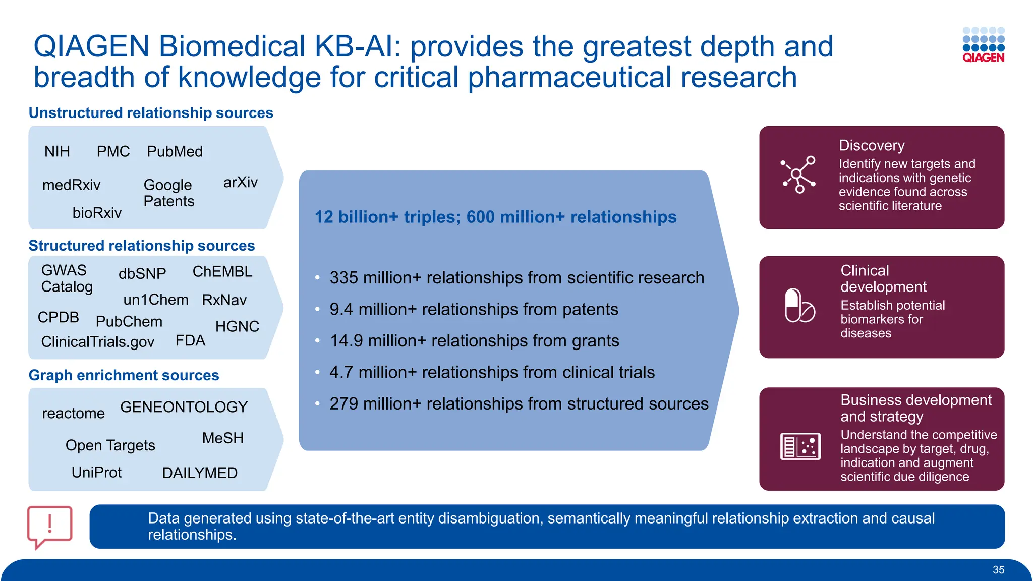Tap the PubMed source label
click(x=175, y=151)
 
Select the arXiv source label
click(x=240, y=182)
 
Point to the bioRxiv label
click(x=97, y=213)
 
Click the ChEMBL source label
click(x=222, y=272)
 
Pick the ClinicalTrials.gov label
click(x=97, y=342)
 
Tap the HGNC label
click(x=237, y=326)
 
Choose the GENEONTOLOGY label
click(x=184, y=407)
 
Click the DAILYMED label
click(x=200, y=473)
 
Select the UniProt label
click(x=96, y=472)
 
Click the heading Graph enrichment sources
click(x=124, y=375)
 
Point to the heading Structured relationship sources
click(x=142, y=246)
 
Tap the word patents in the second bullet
click(x=590, y=309)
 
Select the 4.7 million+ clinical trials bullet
click(x=492, y=372)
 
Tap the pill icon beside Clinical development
click(x=799, y=306)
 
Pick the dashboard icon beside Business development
click(x=800, y=446)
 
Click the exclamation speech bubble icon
click(x=49, y=526)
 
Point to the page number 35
click(x=998, y=570)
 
